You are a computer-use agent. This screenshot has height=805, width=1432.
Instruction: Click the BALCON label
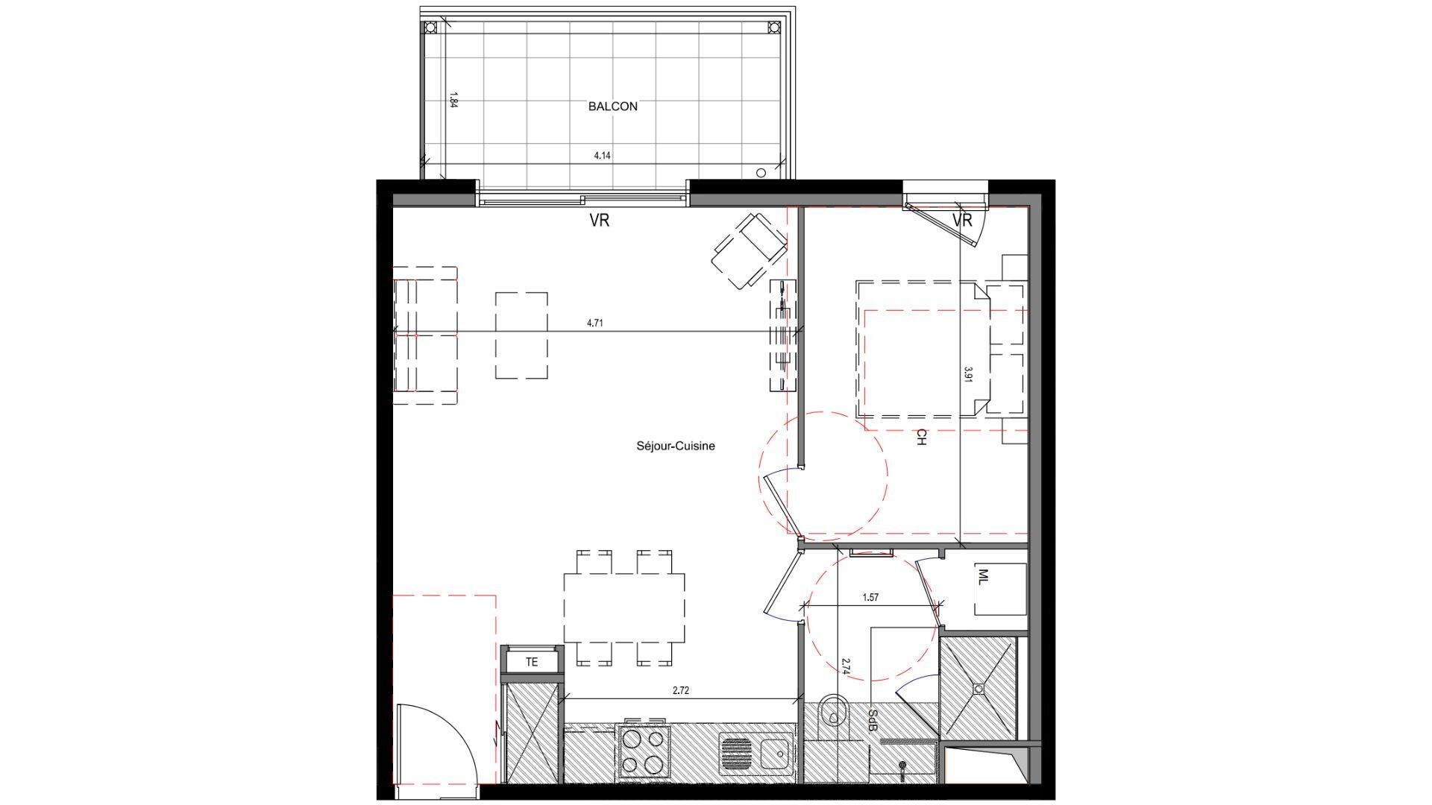point(612,107)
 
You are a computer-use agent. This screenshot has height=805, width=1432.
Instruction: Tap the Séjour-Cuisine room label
point(675,446)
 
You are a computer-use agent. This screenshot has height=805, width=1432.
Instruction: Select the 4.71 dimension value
point(594,323)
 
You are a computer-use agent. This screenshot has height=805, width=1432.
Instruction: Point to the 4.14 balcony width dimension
point(602,157)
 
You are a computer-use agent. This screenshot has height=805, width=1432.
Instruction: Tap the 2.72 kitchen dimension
point(680,691)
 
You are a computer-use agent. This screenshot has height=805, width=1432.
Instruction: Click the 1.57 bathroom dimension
point(870,598)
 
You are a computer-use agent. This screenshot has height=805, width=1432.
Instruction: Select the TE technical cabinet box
point(531,662)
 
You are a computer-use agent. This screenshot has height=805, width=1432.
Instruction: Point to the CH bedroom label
point(921,438)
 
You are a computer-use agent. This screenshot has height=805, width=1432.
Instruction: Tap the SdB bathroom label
point(872,720)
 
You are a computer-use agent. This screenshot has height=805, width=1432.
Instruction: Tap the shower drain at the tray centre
point(978,688)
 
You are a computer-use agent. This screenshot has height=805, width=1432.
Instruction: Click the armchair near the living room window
point(750,250)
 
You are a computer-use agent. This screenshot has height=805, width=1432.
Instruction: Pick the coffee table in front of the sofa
point(521,335)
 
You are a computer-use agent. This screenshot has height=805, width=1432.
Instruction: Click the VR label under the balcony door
point(600,221)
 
